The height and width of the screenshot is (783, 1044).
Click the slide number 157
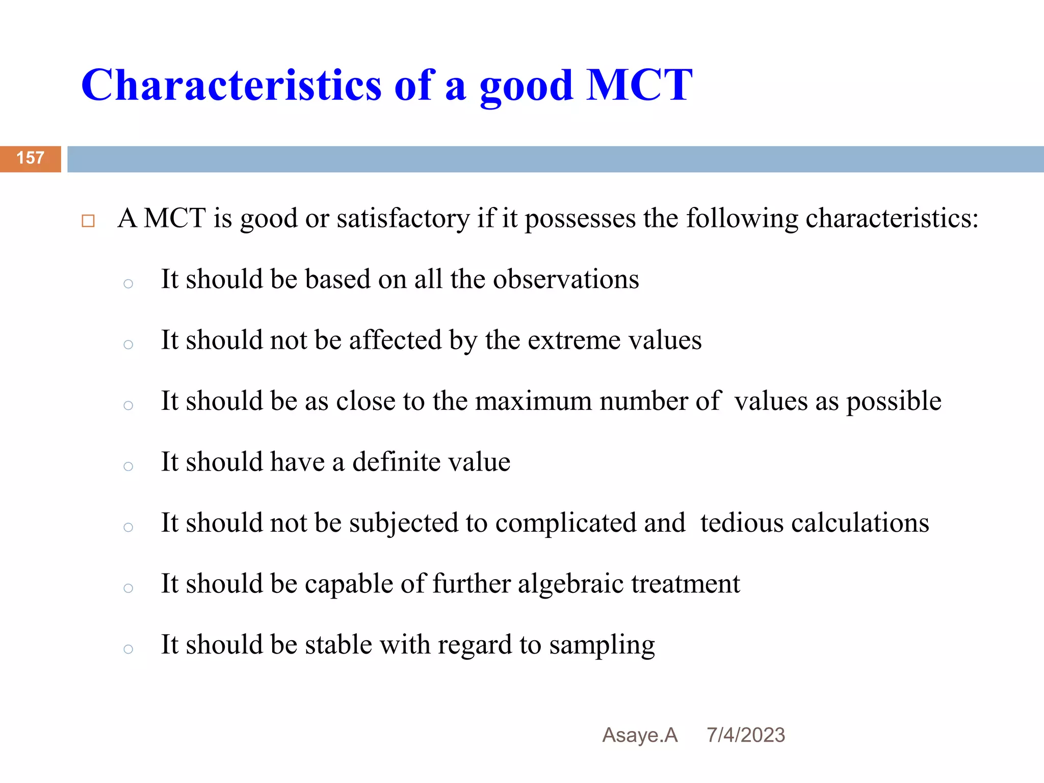[31, 158]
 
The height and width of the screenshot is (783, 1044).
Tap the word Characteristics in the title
[231, 85]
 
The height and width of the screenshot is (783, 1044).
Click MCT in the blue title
[639, 85]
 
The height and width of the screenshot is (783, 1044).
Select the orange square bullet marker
[88, 221]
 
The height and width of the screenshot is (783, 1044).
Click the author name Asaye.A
[640, 735]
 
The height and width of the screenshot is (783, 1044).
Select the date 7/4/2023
[746, 735]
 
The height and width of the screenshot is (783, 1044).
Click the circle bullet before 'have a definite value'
[128, 466]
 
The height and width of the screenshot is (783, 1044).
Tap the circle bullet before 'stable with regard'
[128, 649]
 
